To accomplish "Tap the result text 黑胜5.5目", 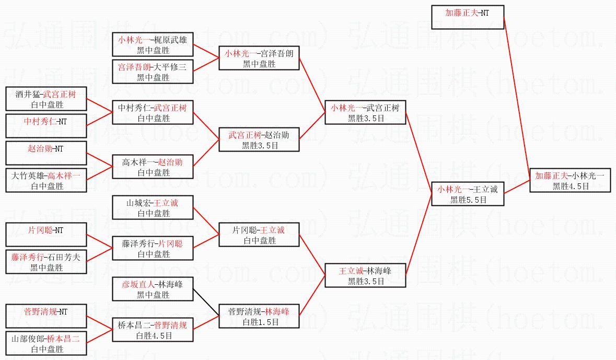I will [x=469, y=200].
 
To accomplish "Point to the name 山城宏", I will [x=140, y=203].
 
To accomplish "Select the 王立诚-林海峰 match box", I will [x=365, y=276].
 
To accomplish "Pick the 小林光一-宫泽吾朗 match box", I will [x=259, y=58].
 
